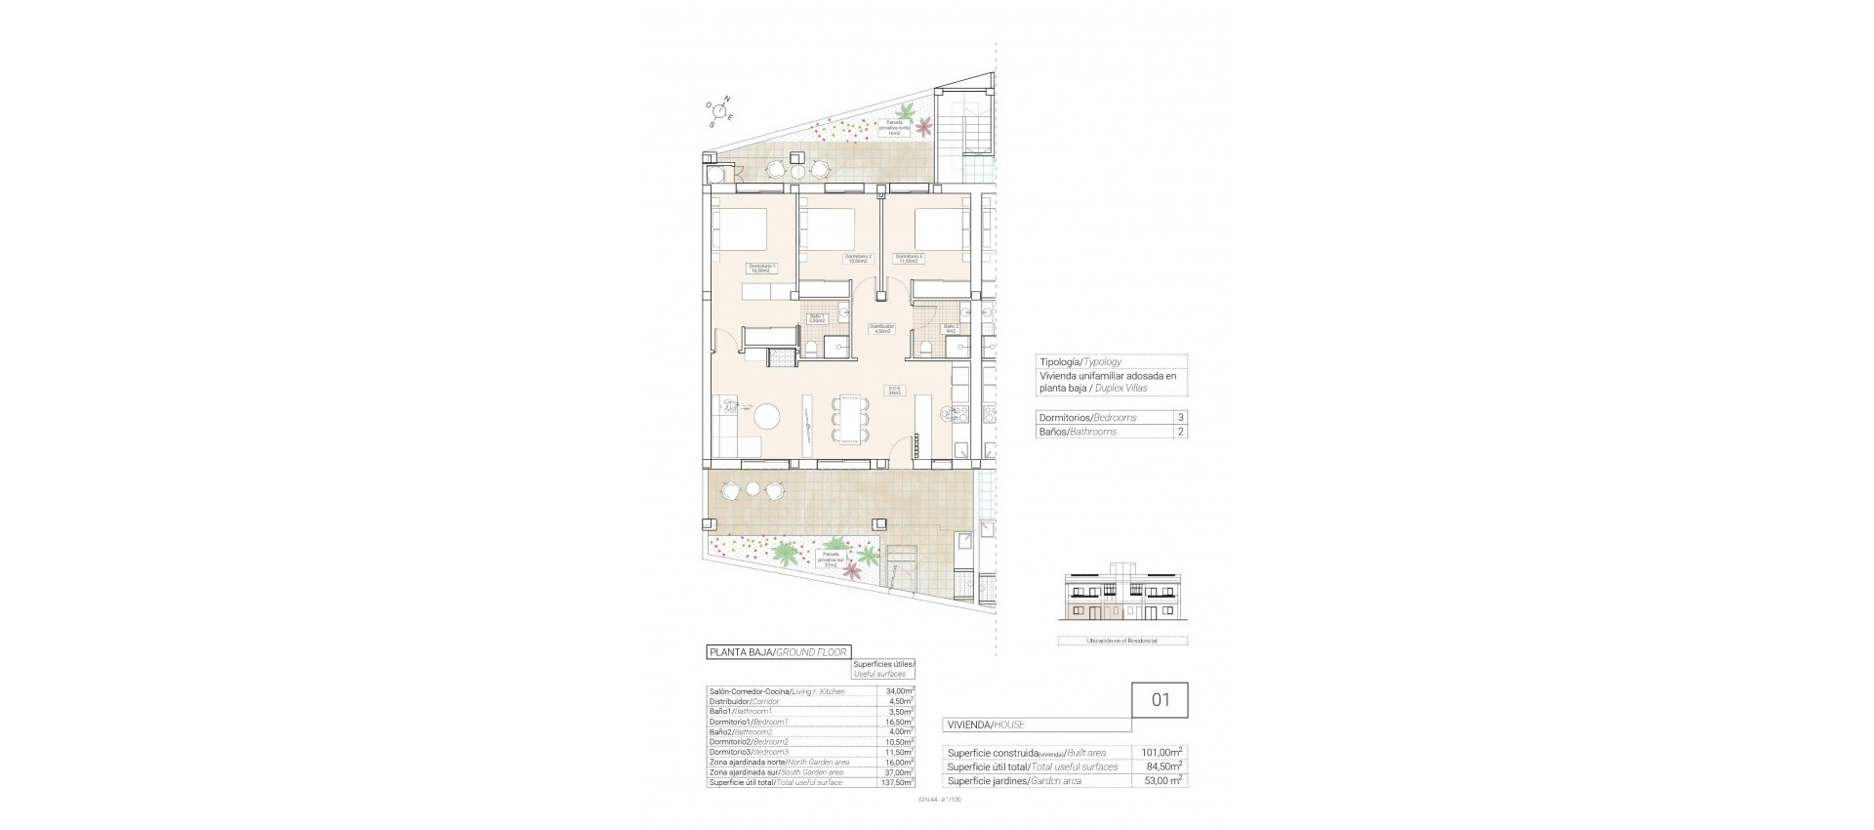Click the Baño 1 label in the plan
pyautogui.click(x=817, y=317)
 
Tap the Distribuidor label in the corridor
pyautogui.click(x=882, y=329)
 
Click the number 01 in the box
pyautogui.click(x=1160, y=701)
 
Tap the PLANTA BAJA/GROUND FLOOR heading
pyautogui.click(x=778, y=651)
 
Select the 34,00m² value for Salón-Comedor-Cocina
pyautogui.click(x=901, y=691)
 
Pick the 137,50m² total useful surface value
pyautogui.click(x=899, y=782)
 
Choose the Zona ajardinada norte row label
pyautogui.click(x=778, y=762)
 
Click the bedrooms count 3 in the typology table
pyautogui.click(x=1181, y=417)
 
